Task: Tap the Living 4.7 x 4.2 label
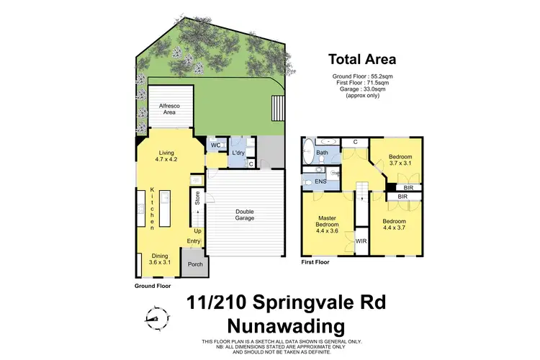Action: point(167,156)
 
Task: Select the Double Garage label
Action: point(246,215)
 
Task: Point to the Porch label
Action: point(195,264)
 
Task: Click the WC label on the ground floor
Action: point(215,145)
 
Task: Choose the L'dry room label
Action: point(239,152)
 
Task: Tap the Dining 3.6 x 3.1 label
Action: point(159,260)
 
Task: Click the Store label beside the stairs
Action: point(197,197)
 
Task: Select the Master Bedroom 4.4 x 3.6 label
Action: point(326,225)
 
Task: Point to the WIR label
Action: point(361,241)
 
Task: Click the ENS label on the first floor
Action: point(320,182)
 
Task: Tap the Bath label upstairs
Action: point(323,153)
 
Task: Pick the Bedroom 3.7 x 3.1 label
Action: point(400,161)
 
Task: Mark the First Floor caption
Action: point(315,262)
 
